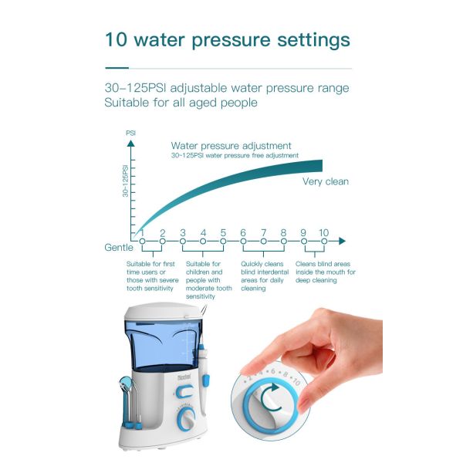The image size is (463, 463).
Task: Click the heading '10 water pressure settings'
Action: click(227, 39)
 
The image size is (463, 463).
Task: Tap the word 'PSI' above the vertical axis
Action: click(131, 133)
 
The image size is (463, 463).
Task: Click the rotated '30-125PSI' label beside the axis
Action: click(125, 181)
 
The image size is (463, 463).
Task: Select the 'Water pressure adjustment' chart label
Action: click(231, 145)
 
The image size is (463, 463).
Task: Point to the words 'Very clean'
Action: click(325, 181)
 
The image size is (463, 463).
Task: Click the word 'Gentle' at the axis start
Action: click(119, 247)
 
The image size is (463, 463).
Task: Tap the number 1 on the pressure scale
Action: click(142, 232)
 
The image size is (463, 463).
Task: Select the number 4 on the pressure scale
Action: click(203, 232)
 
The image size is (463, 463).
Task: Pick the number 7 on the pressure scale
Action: click(263, 232)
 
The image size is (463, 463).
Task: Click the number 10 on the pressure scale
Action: click(323, 232)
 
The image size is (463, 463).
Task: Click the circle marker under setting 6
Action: click(243, 242)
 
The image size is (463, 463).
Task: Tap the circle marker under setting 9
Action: click(303, 242)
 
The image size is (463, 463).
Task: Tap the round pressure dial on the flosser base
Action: click(185, 421)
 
